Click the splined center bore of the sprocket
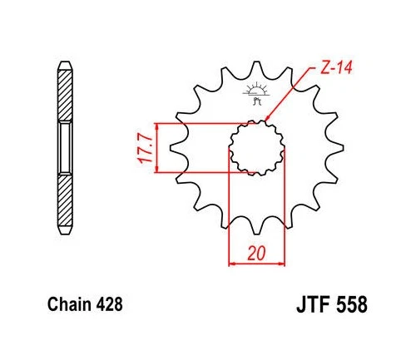(256, 147)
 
